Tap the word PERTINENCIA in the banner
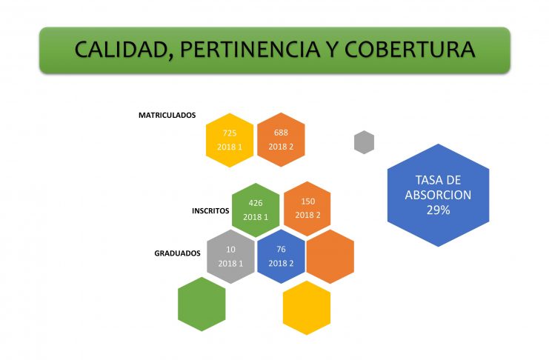pos(250,49)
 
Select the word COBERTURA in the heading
pos(410,49)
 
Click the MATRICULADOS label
pos(167,116)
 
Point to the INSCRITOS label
pos(210,211)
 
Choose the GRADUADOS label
pos(177,253)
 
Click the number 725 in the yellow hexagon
pos(230,133)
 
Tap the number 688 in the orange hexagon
pos(281,133)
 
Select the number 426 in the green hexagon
pos(256,203)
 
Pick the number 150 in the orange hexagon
pos(308,201)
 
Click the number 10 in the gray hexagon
pos(230,250)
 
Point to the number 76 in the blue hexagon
pos(281,249)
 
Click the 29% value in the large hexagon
pos(438,210)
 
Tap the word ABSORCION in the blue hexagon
pos(438,195)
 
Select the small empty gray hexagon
pos(364,142)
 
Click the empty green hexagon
pos(202,304)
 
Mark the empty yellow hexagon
pos(307,308)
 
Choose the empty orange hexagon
pos(330,257)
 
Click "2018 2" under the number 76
pos(281,264)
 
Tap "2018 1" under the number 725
pos(230,147)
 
